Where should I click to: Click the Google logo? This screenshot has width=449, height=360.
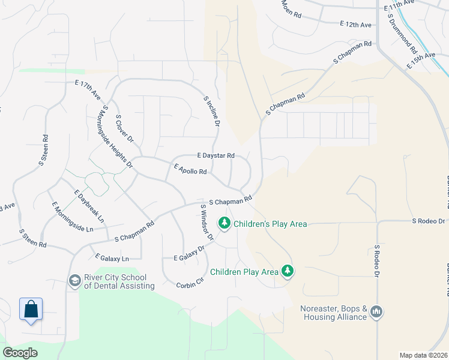pyautogui.click(x=20, y=353)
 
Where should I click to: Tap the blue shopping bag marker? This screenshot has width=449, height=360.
pyautogui.click(x=31, y=310)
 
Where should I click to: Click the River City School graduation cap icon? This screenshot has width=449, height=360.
pyautogui.click(x=74, y=281)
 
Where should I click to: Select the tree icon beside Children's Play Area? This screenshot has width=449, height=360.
pyautogui.click(x=224, y=223)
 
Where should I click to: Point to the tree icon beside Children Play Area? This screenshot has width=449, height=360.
pyautogui.click(x=288, y=271)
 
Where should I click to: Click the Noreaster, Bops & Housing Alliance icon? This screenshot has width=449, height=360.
pyautogui.click(x=377, y=312)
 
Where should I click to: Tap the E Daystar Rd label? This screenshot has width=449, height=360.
pyautogui.click(x=206, y=155)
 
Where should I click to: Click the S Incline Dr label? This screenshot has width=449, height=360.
pyautogui.click(x=212, y=111)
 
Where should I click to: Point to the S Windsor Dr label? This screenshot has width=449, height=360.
pyautogui.click(x=207, y=222)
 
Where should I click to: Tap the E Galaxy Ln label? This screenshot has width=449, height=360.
pyautogui.click(x=112, y=257)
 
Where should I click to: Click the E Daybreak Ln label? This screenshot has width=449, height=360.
pyautogui.click(x=87, y=206)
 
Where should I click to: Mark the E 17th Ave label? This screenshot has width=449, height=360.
pyautogui.click(x=88, y=90)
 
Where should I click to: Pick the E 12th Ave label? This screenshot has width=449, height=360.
pyautogui.click(x=355, y=25)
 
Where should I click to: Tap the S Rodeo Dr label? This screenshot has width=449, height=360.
pyautogui.click(x=378, y=260)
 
